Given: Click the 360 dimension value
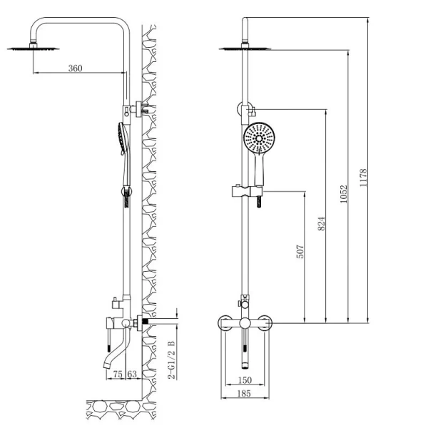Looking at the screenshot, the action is [75, 68].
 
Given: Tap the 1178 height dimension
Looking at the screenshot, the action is [363, 178].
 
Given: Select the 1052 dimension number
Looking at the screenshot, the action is [344, 194].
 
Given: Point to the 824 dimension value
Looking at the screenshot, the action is [322, 223].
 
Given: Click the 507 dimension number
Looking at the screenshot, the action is [300, 251].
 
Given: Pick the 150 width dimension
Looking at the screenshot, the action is [245, 380].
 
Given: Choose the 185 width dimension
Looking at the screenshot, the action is [244, 393].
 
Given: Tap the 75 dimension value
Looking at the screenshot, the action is [118, 374].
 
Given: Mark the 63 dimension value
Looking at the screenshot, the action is [132, 374].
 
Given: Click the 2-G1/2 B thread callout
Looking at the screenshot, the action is [172, 360].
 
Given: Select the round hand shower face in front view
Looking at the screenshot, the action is [259, 138].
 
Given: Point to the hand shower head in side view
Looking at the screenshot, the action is [123, 138].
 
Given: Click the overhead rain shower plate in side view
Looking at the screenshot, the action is [33, 49].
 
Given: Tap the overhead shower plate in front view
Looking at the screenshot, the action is [245, 49].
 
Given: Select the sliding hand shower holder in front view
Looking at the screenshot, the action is [247, 191].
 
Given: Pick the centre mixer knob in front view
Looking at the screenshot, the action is [245, 323].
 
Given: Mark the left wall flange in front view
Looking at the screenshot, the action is [225, 323].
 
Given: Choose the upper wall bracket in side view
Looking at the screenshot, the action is [139, 109].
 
